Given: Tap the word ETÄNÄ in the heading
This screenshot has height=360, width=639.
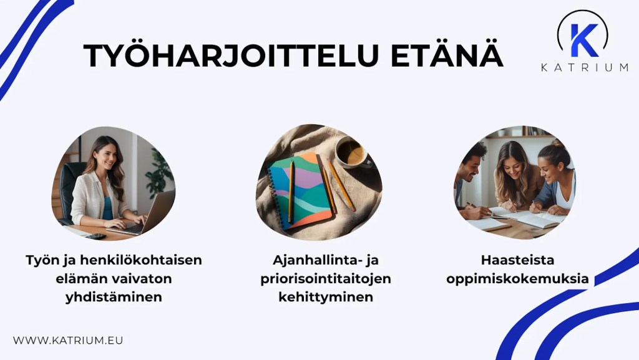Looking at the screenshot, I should tap(447, 56).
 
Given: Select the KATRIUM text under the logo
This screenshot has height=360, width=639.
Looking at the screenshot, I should tap(584, 67).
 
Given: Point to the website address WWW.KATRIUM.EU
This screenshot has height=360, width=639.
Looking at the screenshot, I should tap(68, 340).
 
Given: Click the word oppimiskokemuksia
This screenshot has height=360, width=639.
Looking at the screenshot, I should tap(517, 278).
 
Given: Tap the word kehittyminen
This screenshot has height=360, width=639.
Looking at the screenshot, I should tap(326, 297).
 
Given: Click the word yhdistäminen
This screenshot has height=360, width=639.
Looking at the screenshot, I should tap(114, 297).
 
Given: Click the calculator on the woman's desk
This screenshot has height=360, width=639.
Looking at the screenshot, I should tap(95, 236).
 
